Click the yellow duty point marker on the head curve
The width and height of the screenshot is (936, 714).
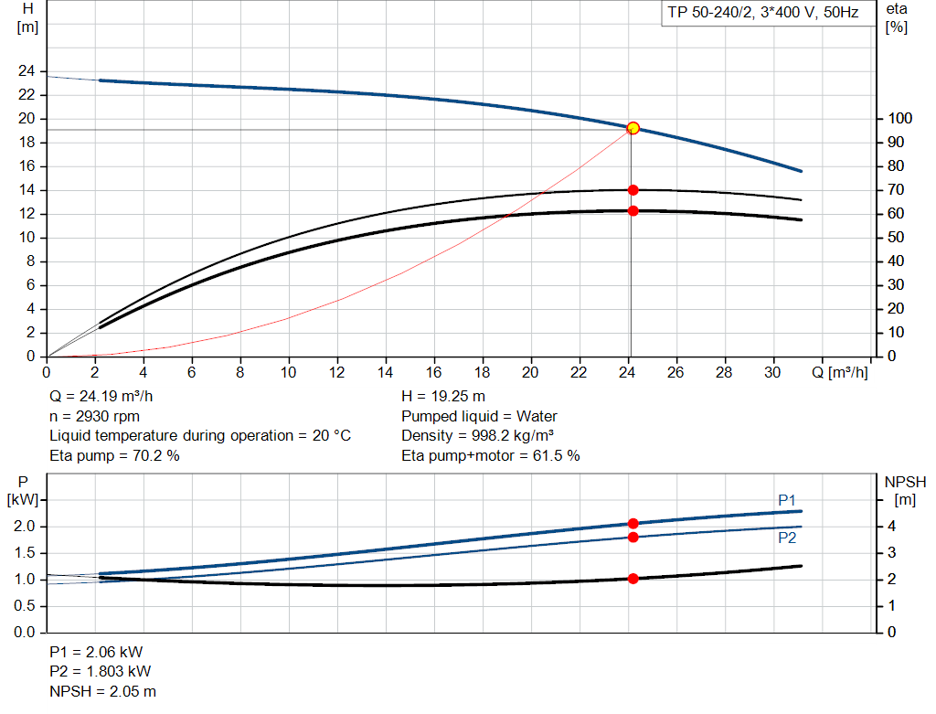coord(633,128)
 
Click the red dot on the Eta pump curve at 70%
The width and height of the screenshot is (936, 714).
coord(633,190)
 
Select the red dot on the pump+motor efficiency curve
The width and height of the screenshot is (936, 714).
coord(633,211)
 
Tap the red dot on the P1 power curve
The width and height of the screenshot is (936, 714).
coord(633,524)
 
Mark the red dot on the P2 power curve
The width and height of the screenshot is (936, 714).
coord(633,537)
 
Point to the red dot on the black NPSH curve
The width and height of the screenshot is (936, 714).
coord(633,579)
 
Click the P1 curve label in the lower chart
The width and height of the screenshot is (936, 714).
coord(787,500)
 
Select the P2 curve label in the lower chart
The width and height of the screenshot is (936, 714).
coord(787,538)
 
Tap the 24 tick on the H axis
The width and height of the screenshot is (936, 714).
coord(27,71)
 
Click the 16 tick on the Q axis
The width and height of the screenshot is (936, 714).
coord(433,372)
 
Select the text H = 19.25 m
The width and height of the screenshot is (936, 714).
coord(443,397)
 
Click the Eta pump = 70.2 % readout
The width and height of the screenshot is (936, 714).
coord(114,455)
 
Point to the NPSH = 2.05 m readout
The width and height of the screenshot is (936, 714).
coord(102,691)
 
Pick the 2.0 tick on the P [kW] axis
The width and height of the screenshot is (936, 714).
coord(26,527)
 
